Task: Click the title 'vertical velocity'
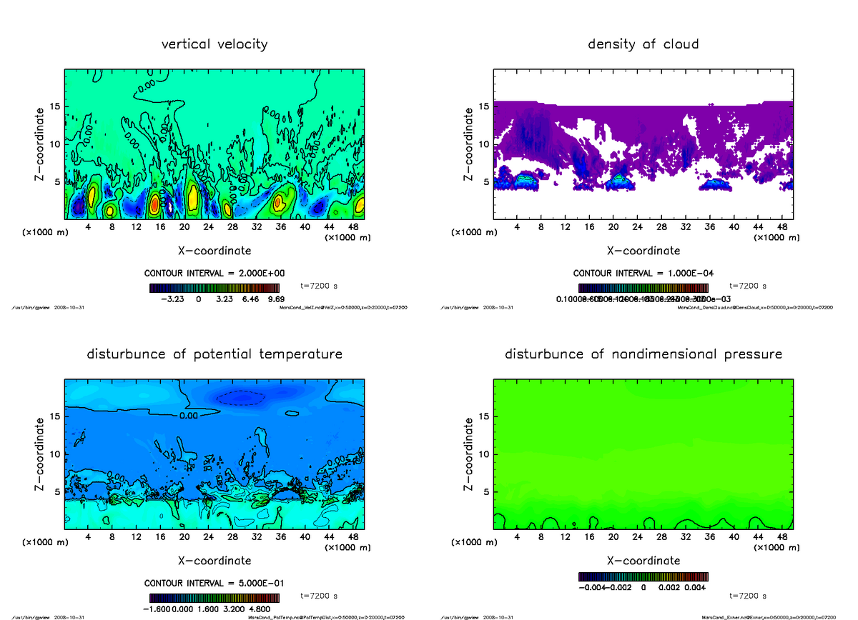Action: [214, 44]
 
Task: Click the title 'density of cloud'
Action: [643, 44]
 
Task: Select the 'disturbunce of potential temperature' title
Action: [214, 354]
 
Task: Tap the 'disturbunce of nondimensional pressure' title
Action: [643, 354]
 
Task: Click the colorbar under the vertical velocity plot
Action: [214, 288]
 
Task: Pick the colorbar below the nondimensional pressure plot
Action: [643, 576]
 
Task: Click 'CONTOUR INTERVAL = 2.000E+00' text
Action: [214, 274]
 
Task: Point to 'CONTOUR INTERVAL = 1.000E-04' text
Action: [643, 274]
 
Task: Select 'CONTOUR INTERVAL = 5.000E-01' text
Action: [214, 583]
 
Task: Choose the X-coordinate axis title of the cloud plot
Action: [643, 251]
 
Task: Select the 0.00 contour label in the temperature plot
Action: [189, 416]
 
